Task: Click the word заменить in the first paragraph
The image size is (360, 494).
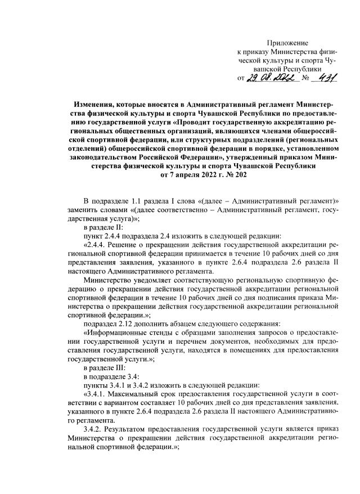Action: pyautogui.click(x=84, y=210)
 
